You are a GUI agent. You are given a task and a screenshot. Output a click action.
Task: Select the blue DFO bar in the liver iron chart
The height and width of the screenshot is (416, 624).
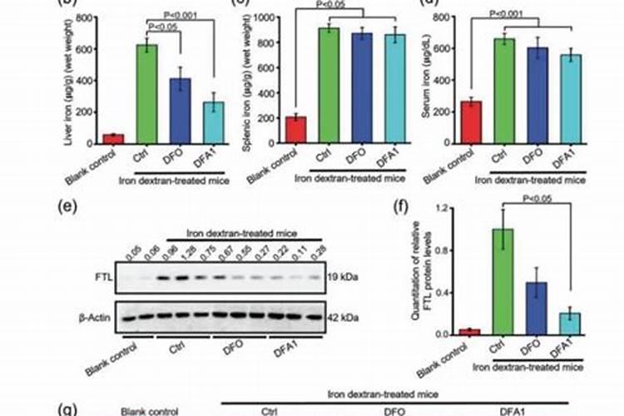[x=181, y=111]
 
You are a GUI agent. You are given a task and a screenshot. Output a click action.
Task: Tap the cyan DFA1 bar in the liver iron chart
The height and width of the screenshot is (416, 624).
[x=215, y=123]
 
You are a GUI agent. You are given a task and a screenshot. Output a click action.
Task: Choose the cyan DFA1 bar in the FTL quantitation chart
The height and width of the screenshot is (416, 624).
[x=571, y=323]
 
